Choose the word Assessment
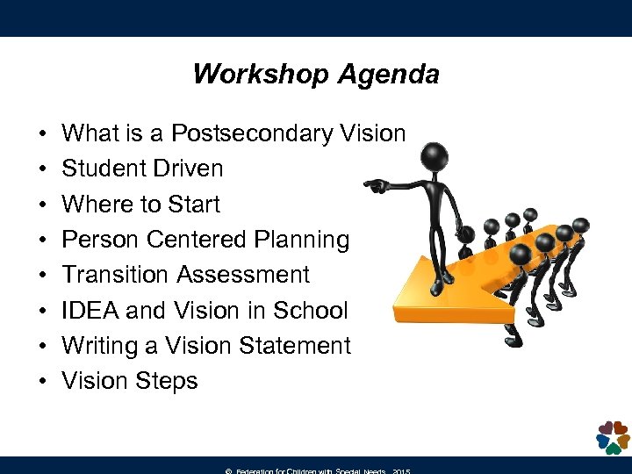[243, 275]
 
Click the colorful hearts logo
[612, 436]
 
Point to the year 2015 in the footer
[401, 470]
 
